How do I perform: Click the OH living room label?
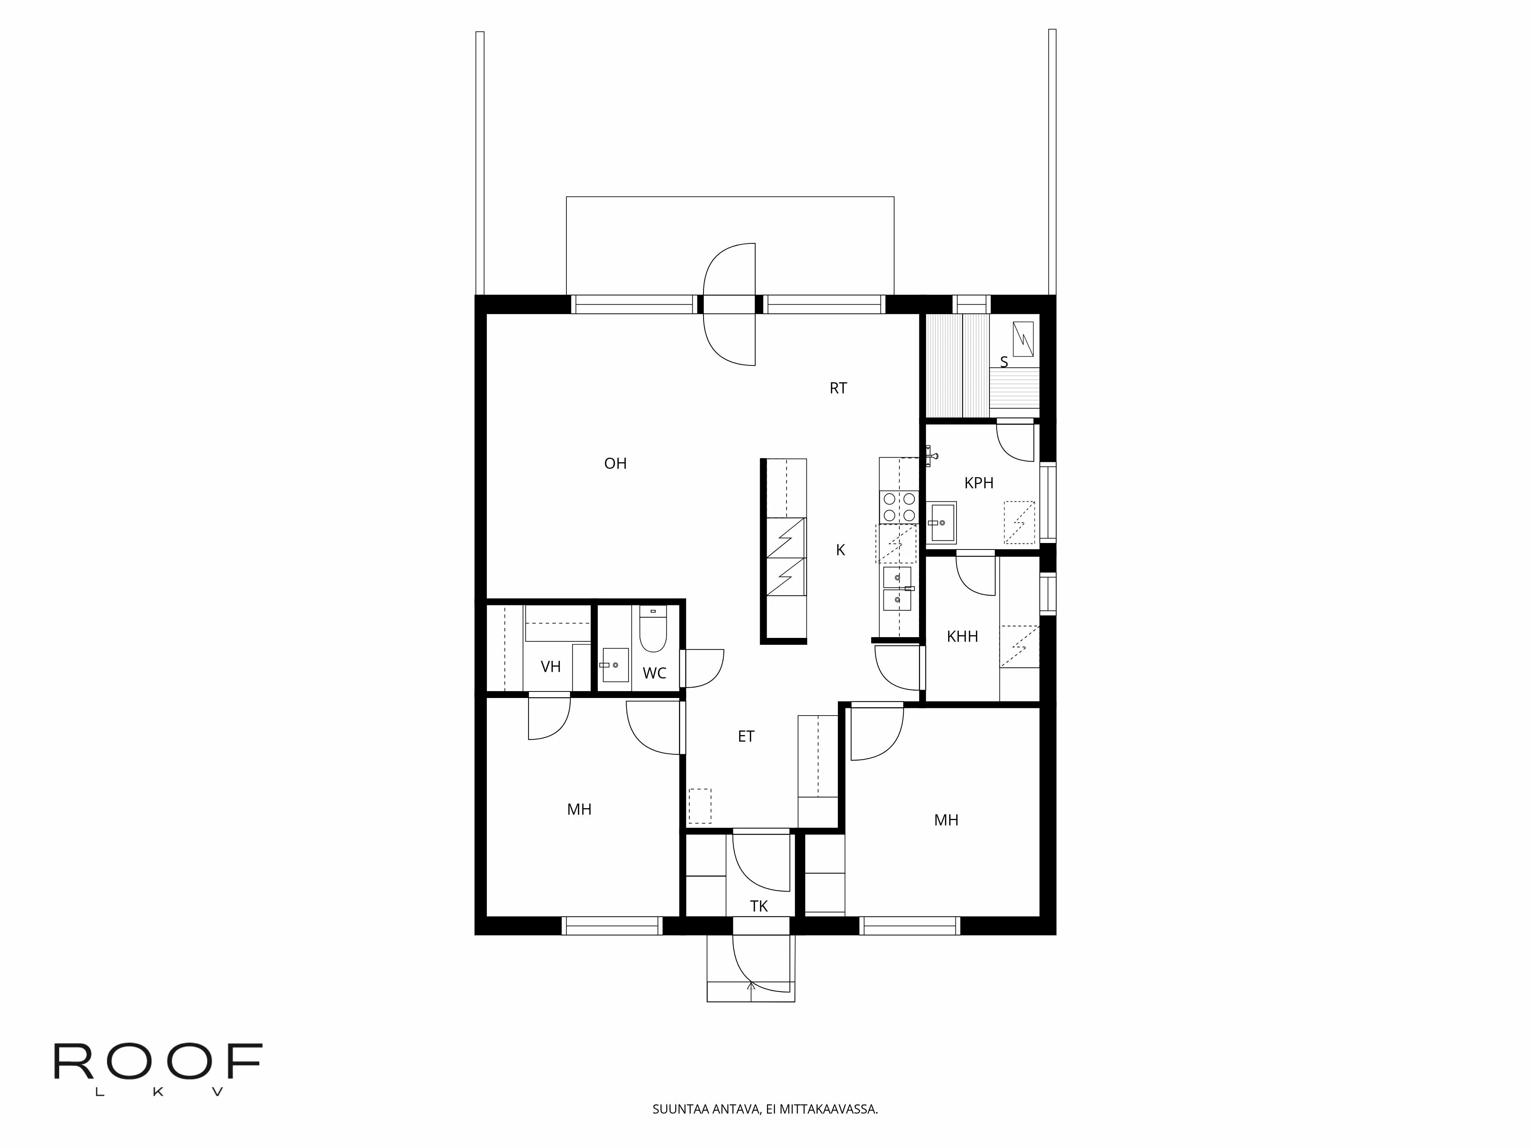coord(615,464)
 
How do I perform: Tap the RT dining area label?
coord(838,388)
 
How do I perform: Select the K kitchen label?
coord(840,550)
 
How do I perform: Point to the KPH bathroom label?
coord(979,483)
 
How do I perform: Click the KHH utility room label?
coord(962,637)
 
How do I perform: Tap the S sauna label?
coord(1004,362)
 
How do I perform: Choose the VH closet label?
coord(550,667)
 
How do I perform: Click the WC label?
coord(654,673)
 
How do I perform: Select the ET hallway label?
coord(746,736)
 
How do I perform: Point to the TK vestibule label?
coord(759,907)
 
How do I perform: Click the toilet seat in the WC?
coord(652,631)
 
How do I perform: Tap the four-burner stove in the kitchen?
coord(898,507)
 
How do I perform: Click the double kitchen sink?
coord(897,588)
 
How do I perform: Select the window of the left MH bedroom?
coord(612,926)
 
